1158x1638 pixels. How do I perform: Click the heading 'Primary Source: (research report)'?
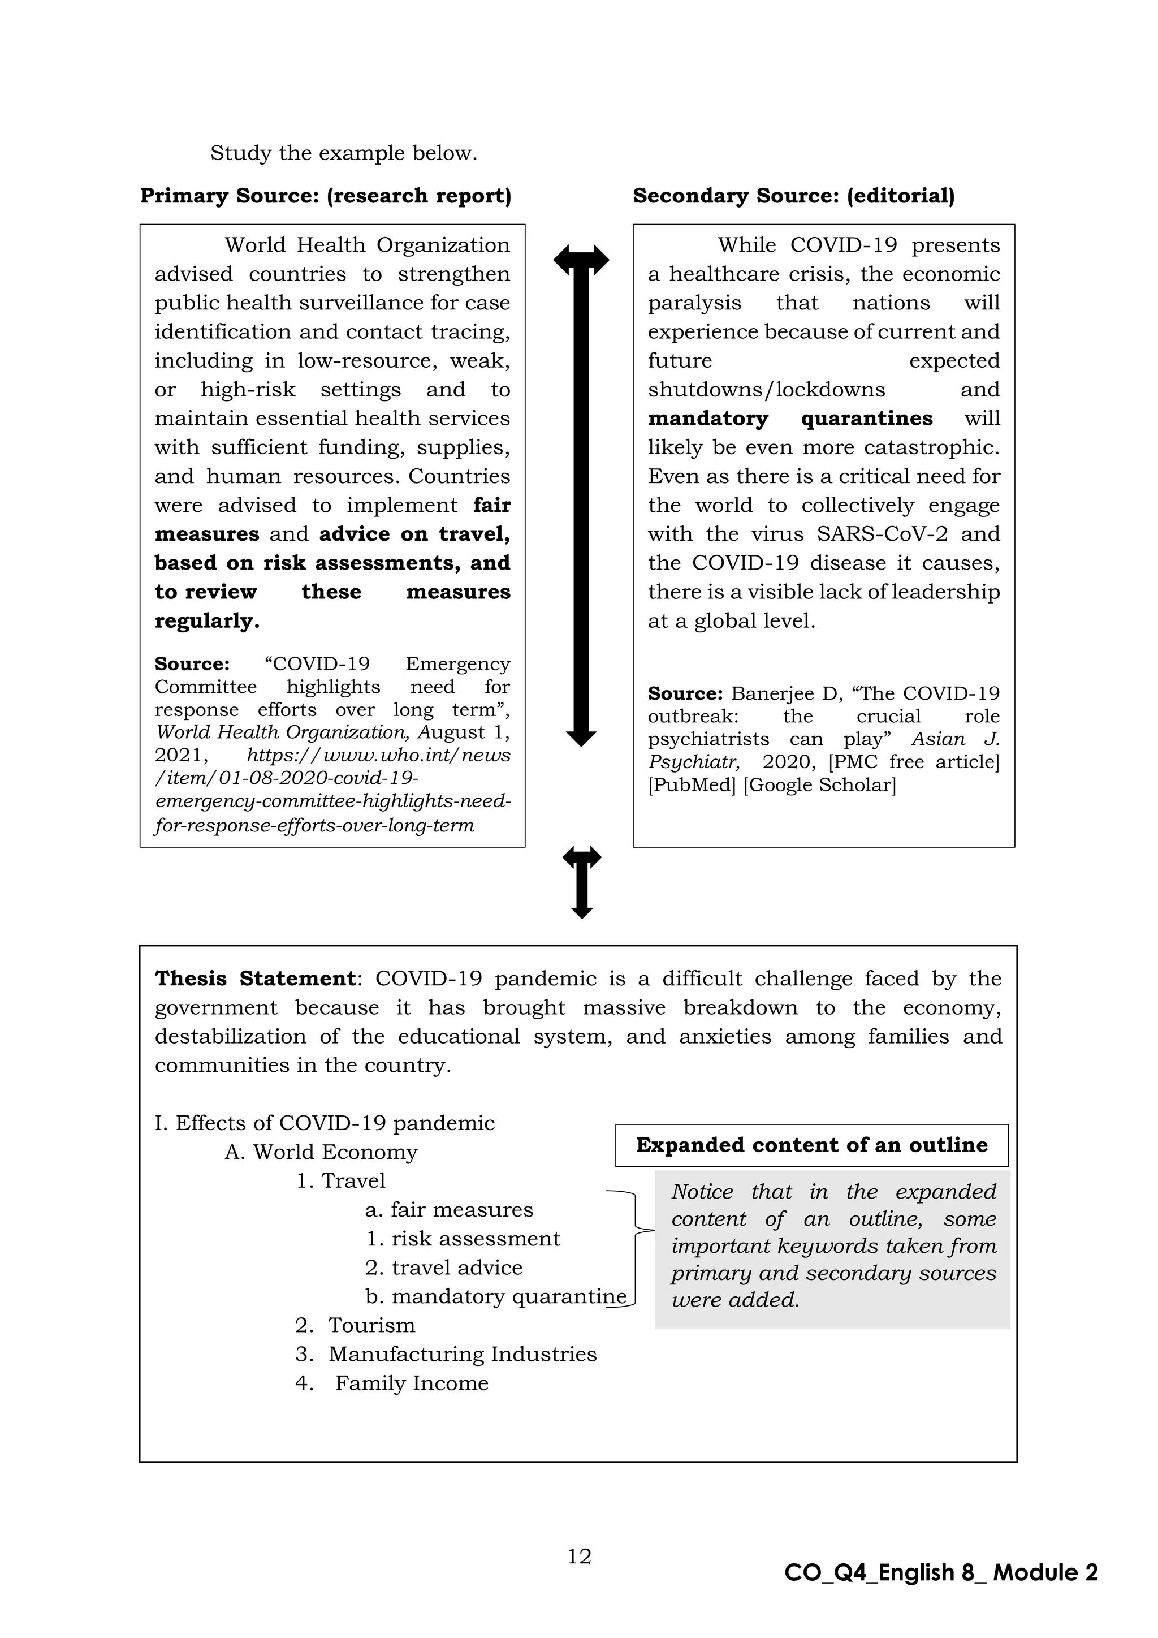[x=326, y=196]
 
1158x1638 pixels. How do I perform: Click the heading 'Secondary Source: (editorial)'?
[x=793, y=196]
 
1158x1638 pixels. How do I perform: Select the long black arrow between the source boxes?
[x=581, y=499]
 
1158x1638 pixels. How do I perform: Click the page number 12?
[x=579, y=1556]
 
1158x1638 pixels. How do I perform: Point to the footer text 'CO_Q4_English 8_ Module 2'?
[x=940, y=1572]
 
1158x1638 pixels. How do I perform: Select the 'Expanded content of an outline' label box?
[x=811, y=1145]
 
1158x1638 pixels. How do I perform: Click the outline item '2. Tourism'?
[x=355, y=1325]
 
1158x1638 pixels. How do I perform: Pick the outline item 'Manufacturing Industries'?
[x=462, y=1353]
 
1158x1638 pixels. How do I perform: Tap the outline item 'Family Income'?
[x=412, y=1382]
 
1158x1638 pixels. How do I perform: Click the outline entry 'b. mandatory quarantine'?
[x=495, y=1296]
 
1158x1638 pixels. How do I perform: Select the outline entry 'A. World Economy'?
[x=321, y=1152]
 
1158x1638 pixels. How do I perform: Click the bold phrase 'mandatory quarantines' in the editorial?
[x=789, y=418]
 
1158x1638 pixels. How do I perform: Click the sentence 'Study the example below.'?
[x=343, y=153]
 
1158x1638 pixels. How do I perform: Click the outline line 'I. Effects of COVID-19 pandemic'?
[x=325, y=1123]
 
